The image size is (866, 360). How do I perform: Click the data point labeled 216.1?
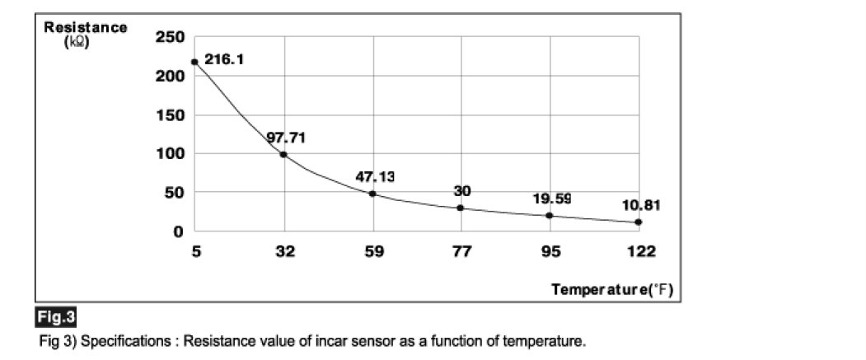tap(194, 62)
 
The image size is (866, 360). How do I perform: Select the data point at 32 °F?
tap(284, 154)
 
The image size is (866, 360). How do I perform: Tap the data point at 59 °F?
tap(372, 194)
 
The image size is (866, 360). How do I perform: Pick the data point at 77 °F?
tap(461, 208)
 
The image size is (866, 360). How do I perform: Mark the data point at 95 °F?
tap(550, 216)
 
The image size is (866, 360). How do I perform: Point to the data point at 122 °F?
tap(639, 222)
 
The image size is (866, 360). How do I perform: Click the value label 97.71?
tap(286, 137)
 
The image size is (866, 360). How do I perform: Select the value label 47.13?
tap(375, 176)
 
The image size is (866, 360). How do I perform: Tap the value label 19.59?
tap(551, 199)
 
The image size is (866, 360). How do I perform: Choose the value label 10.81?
tap(640, 204)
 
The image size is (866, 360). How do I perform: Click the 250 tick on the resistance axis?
tap(170, 37)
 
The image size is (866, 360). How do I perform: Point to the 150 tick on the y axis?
tap(170, 115)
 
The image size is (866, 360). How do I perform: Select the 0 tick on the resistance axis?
tap(177, 231)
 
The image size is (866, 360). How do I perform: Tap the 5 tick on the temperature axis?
tap(195, 251)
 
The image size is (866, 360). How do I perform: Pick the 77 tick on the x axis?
tap(461, 251)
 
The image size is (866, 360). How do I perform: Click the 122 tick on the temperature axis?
tap(639, 251)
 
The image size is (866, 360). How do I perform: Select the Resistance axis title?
tap(86, 28)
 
